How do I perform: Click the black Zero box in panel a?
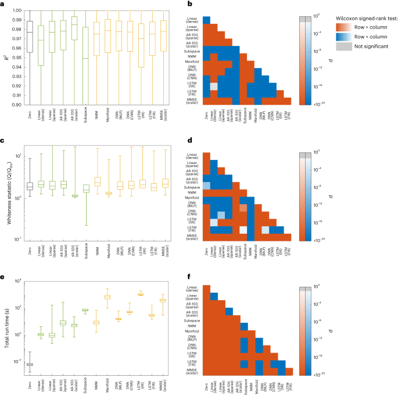(30, 37)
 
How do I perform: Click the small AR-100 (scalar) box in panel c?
(74, 196)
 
